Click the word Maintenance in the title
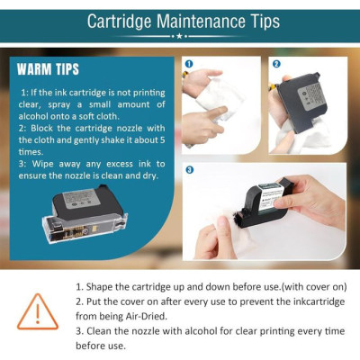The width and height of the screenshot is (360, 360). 200,22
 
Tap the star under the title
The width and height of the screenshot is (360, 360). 179,36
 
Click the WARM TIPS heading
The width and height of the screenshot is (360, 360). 48,69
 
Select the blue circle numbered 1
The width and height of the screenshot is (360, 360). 189,64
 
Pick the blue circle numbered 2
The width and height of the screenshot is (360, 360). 276,64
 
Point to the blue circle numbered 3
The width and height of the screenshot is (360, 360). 190,170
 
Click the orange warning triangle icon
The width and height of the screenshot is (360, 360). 38,312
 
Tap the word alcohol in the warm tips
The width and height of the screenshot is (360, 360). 33,116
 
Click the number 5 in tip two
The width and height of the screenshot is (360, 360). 162,140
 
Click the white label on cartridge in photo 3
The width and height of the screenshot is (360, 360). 271,196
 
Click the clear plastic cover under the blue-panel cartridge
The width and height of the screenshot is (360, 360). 85,227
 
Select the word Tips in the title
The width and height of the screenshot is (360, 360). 265,22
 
